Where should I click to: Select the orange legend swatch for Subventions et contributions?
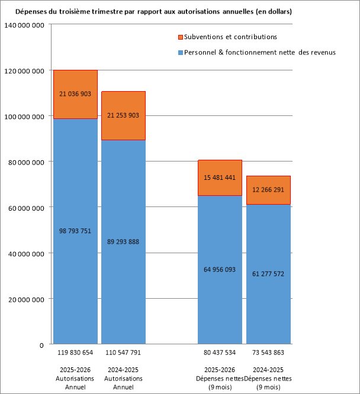[180, 37]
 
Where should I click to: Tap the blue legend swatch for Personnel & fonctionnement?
[180, 53]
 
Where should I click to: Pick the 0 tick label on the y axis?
[42, 345]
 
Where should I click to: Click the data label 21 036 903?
[75, 94]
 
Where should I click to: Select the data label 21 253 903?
[123, 115]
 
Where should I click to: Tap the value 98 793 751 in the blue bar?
[75, 231]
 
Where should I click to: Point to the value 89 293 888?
[123, 242]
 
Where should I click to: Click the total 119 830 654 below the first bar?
[75, 353]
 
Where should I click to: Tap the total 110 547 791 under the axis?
[123, 353]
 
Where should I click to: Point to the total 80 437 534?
[220, 353]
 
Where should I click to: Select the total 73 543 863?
[268, 353]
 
